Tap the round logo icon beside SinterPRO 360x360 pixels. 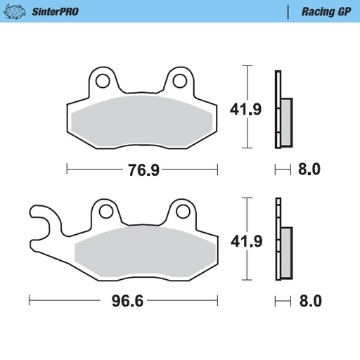tap(18, 11)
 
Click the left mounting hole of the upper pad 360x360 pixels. tap(103, 79)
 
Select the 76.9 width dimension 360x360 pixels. tap(142, 169)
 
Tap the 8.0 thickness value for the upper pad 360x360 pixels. tap(309, 169)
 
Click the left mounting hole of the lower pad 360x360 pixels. tap(105, 210)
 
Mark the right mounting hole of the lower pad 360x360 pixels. tap(182, 210)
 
